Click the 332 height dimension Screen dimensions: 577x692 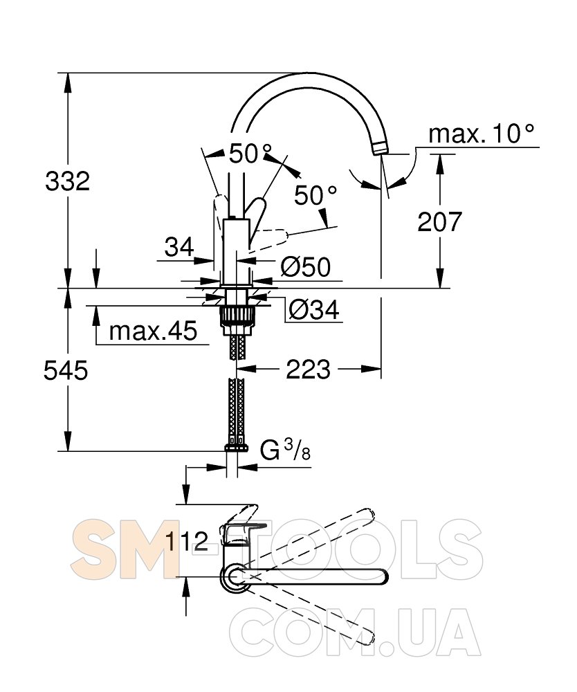point(68,181)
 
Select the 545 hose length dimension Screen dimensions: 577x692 point(66,370)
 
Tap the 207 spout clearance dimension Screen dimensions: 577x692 point(439,221)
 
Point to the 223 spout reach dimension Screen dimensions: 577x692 point(308,369)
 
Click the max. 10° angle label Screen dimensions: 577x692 point(482,134)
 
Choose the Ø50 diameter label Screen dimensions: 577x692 point(306,267)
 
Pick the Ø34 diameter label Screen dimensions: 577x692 point(314,310)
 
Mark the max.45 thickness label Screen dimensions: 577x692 point(153,331)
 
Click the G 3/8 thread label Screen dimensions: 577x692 point(285,450)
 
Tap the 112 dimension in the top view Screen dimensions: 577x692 point(187,541)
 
